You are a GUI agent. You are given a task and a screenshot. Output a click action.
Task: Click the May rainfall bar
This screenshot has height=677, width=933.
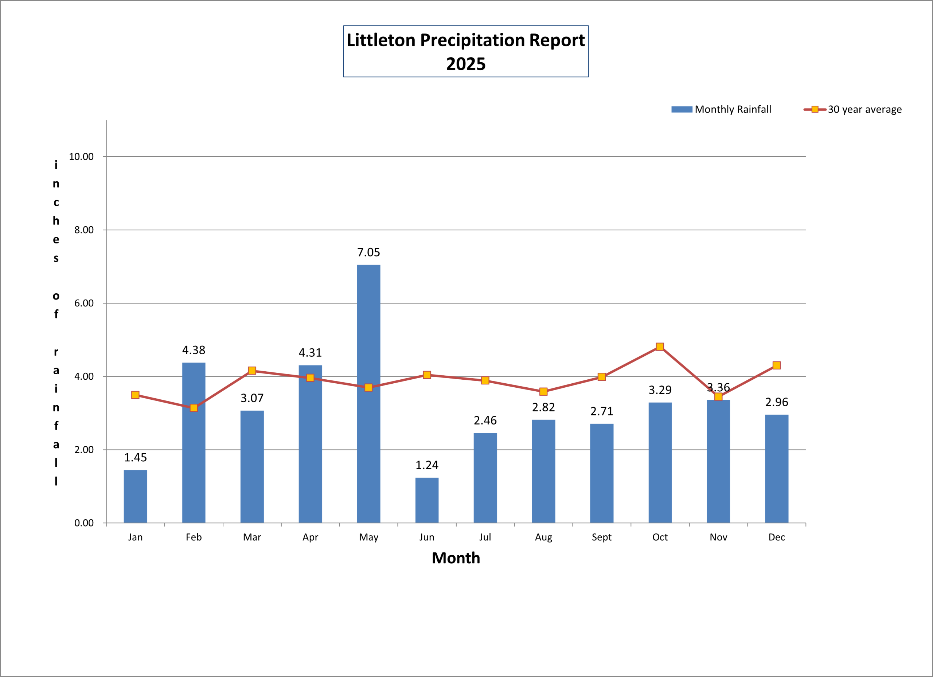click(368, 394)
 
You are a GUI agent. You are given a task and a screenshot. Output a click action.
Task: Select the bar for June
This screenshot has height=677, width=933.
click(427, 500)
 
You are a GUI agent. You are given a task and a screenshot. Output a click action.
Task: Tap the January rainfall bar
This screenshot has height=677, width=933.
click(135, 496)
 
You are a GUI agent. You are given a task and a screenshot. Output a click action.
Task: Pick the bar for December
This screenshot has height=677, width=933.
click(776, 469)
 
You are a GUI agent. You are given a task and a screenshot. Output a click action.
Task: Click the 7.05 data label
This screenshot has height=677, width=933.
click(368, 252)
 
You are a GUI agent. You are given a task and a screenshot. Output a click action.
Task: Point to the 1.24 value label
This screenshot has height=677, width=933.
click(427, 465)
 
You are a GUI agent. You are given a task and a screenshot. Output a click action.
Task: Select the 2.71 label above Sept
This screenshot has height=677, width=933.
click(601, 411)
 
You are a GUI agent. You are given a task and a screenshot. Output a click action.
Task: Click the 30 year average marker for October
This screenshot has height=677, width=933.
click(660, 347)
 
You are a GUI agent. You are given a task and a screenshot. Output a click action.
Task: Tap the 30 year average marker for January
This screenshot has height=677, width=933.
click(135, 395)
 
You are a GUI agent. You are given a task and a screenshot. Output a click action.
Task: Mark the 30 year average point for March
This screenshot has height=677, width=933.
click(252, 371)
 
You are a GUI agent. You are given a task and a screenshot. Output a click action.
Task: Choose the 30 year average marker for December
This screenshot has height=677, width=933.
click(776, 365)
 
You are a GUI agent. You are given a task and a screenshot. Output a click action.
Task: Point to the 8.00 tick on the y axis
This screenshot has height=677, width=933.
click(84, 230)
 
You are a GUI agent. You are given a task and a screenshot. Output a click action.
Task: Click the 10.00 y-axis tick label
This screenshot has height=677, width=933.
click(81, 157)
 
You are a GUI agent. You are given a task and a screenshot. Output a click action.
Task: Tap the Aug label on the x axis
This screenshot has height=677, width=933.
click(543, 537)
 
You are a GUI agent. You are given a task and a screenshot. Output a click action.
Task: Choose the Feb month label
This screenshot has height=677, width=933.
click(194, 537)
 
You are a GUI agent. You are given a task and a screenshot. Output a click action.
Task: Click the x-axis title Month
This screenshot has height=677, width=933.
click(456, 558)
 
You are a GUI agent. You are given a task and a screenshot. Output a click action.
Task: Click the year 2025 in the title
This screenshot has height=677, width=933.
click(466, 64)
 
